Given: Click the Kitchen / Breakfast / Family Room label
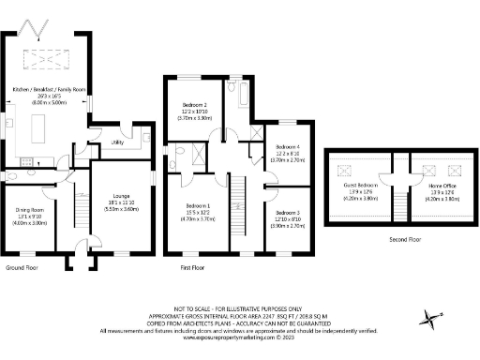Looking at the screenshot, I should click(x=49, y=88).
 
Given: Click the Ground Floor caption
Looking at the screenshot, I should click(x=22, y=267).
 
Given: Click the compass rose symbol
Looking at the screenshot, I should click(x=430, y=319).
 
